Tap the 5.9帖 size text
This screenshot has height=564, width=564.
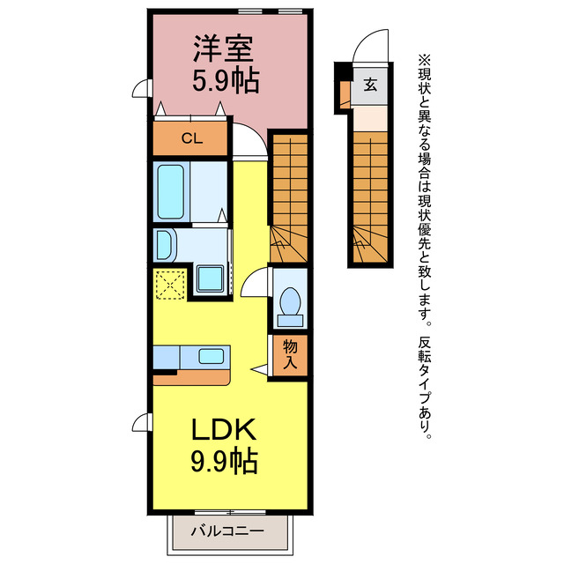[x=226, y=80]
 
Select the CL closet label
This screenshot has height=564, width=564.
[x=190, y=137]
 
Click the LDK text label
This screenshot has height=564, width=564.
[x=225, y=429]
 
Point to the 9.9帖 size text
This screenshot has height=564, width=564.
[x=225, y=460]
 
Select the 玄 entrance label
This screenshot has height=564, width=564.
[x=371, y=85]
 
